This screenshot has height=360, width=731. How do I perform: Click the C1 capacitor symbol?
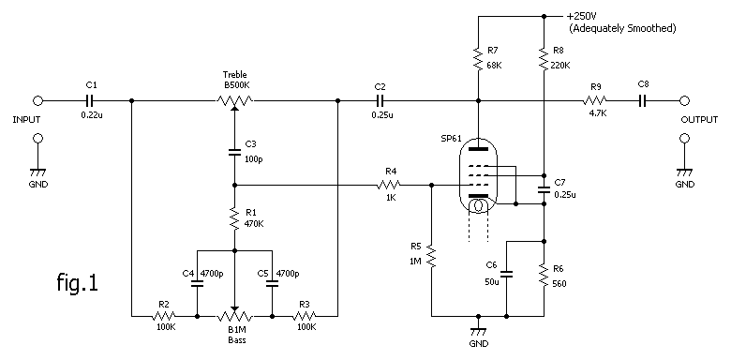coord(90,100)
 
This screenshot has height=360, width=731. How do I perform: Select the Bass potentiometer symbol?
coord(234,314)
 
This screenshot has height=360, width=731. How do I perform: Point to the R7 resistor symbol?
coord(478,58)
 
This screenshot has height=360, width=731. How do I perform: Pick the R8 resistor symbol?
coord(545,58)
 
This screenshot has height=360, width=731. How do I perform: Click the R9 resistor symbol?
coord(594,100)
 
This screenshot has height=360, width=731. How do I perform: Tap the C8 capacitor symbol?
coord(643,100)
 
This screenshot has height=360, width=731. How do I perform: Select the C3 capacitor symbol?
coord(234,152)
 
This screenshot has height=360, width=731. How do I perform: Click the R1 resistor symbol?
coord(234,218)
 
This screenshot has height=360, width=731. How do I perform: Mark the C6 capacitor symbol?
coord(507,274)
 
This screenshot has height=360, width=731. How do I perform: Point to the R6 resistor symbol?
coord(545,276)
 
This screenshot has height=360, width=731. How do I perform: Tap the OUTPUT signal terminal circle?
coord(684,100)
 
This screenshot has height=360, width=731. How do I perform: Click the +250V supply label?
coord(582,16)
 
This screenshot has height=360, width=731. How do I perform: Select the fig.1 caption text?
coord(78,282)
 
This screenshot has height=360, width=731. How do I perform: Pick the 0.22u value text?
coord(92,115)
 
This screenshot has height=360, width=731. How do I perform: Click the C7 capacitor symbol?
coord(545,189)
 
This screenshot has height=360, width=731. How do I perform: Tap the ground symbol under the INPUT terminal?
coord(38,172)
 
